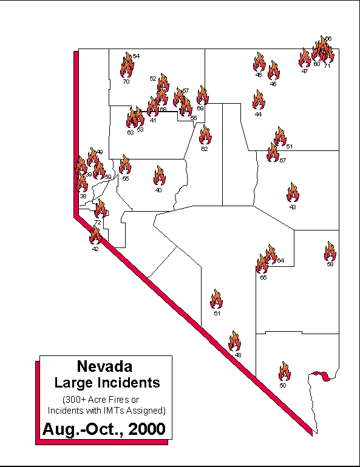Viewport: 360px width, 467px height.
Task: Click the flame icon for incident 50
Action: (284, 371)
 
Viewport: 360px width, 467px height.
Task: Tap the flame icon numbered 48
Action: (235, 341)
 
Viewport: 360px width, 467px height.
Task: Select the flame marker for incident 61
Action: (217, 299)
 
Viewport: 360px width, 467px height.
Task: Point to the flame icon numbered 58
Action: (330, 251)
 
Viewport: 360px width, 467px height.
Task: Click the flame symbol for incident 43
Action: (293, 193)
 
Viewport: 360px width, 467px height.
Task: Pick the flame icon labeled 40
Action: (160, 176)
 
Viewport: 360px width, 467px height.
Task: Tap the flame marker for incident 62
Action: (205, 135)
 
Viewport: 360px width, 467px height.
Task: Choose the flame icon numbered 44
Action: (259, 100)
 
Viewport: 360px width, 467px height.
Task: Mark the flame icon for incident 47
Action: (305, 58)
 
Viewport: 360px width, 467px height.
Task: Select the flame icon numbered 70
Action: (126, 67)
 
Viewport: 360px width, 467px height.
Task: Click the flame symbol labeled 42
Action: (95, 235)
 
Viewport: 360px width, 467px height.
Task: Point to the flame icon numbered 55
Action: (125, 165)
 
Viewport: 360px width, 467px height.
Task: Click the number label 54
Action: (136, 56)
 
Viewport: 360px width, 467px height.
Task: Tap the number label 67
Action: (282, 161)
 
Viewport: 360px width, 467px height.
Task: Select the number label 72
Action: (98, 223)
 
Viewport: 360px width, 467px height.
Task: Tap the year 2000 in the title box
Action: (144, 429)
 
